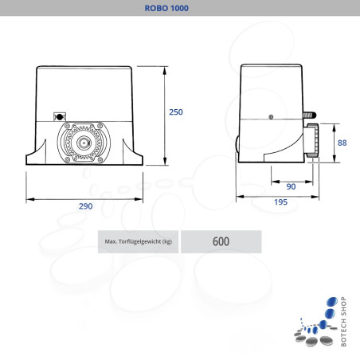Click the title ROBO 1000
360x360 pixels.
coord(166,8)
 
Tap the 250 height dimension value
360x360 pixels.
coord(176,112)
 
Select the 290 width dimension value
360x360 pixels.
coord(85,206)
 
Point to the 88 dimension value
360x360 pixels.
coord(342,143)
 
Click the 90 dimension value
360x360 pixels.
coord(291,186)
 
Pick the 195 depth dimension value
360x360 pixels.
coord(280,202)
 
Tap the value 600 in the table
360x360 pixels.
coord(221,241)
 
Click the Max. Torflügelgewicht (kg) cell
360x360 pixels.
coord(138,241)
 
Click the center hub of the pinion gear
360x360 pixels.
coord(84,143)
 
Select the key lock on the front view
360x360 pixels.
coord(60,117)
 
